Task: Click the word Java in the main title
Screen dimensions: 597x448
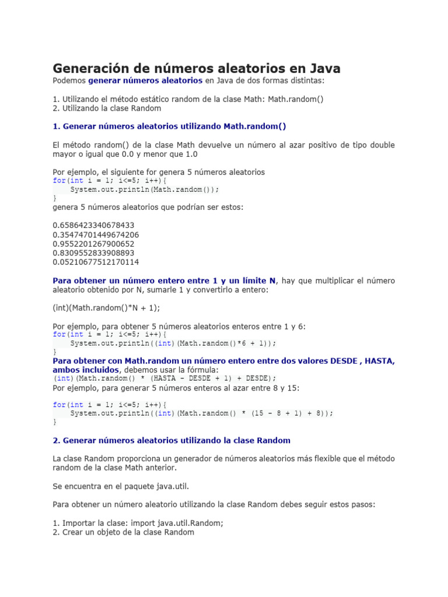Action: click(323, 68)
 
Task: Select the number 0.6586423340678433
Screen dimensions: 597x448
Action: click(93, 225)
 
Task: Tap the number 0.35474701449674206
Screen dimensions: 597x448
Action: click(96, 234)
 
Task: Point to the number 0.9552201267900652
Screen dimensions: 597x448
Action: click(93, 244)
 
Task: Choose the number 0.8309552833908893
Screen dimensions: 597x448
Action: click(93, 253)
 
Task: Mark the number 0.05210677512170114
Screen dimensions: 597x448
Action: click(96, 262)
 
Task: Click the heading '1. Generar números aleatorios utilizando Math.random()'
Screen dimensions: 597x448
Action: click(169, 126)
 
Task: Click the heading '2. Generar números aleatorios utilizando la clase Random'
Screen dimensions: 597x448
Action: click(171, 440)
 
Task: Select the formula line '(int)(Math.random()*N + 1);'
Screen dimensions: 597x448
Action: click(106, 307)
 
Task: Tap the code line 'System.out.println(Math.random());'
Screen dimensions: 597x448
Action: click(145, 189)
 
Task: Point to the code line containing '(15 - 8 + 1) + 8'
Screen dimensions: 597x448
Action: click(202, 413)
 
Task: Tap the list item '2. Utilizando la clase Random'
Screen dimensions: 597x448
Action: click(107, 108)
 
